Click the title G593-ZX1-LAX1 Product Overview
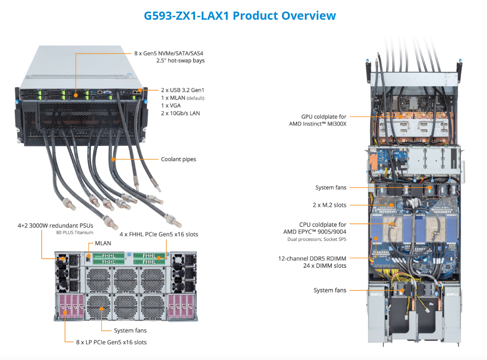pyautogui.click(x=240, y=16)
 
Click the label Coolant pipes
pyautogui.click(x=178, y=159)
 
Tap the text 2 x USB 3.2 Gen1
pyautogui.click(x=183, y=90)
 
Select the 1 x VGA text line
pyautogui.click(x=171, y=106)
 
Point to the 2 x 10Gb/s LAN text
pyautogui.click(x=180, y=113)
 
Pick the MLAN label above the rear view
pyautogui.click(x=103, y=243)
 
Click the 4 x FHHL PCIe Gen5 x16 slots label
pyautogui.click(x=158, y=234)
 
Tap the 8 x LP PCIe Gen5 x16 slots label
pyautogui.click(x=111, y=342)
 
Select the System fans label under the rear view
pyautogui.click(x=130, y=330)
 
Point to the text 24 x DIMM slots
pyautogui.click(x=325, y=266)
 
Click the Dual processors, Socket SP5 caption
pyautogui.click(x=317, y=239)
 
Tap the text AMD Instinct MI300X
pyautogui.click(x=317, y=124)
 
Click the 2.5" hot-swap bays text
pyautogui.click(x=180, y=61)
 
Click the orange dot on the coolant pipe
pyautogui.click(x=113, y=159)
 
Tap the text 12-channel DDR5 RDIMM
pyautogui.click(x=312, y=258)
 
